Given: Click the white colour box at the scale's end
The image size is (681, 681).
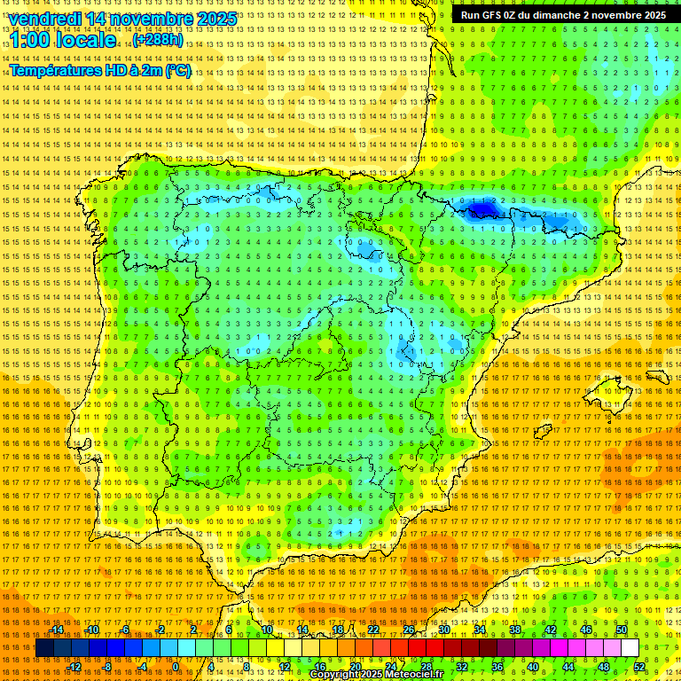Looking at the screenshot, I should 630,648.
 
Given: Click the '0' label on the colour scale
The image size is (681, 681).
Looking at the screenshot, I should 176,667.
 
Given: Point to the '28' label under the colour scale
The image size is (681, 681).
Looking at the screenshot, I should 427,667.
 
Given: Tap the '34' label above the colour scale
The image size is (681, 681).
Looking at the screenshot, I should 480,630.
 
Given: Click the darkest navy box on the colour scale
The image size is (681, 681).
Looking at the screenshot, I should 44,648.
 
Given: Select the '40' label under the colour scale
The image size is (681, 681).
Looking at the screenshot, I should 533,667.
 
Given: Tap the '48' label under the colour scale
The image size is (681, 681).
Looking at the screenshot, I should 604,667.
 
